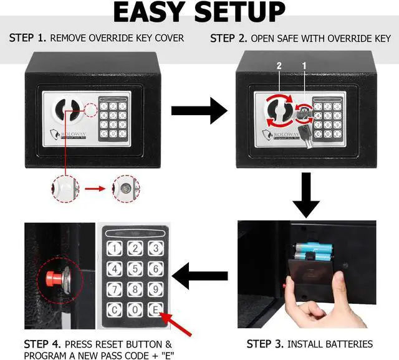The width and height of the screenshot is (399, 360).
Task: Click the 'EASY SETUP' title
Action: tap(199, 12)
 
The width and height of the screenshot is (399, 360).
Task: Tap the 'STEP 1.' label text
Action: tap(27, 38)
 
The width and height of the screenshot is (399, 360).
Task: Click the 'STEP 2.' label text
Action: tap(228, 38)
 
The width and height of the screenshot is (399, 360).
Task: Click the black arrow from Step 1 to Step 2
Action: tap(199, 111)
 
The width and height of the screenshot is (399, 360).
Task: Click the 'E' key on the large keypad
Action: tap(155, 310)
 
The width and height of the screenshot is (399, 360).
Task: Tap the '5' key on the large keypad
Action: tap(134, 269)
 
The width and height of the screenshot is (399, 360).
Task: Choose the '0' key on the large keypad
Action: tap(134, 310)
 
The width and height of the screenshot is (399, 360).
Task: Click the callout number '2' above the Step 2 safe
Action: tap(280, 65)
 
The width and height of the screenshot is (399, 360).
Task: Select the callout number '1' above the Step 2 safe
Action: tap(304, 65)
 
